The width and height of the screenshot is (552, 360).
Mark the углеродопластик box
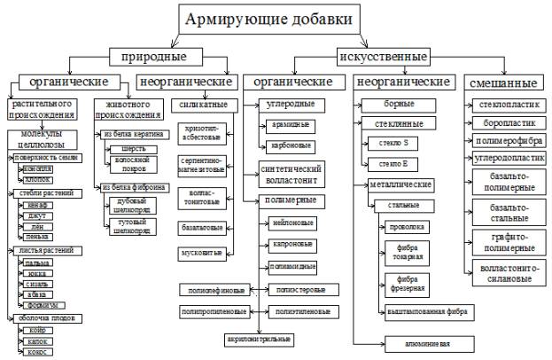pyautogui.click(x=507, y=158)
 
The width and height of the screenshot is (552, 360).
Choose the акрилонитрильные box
pyautogui.click(x=258, y=339)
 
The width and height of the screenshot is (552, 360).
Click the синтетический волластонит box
pyautogui.click(x=291, y=171)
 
